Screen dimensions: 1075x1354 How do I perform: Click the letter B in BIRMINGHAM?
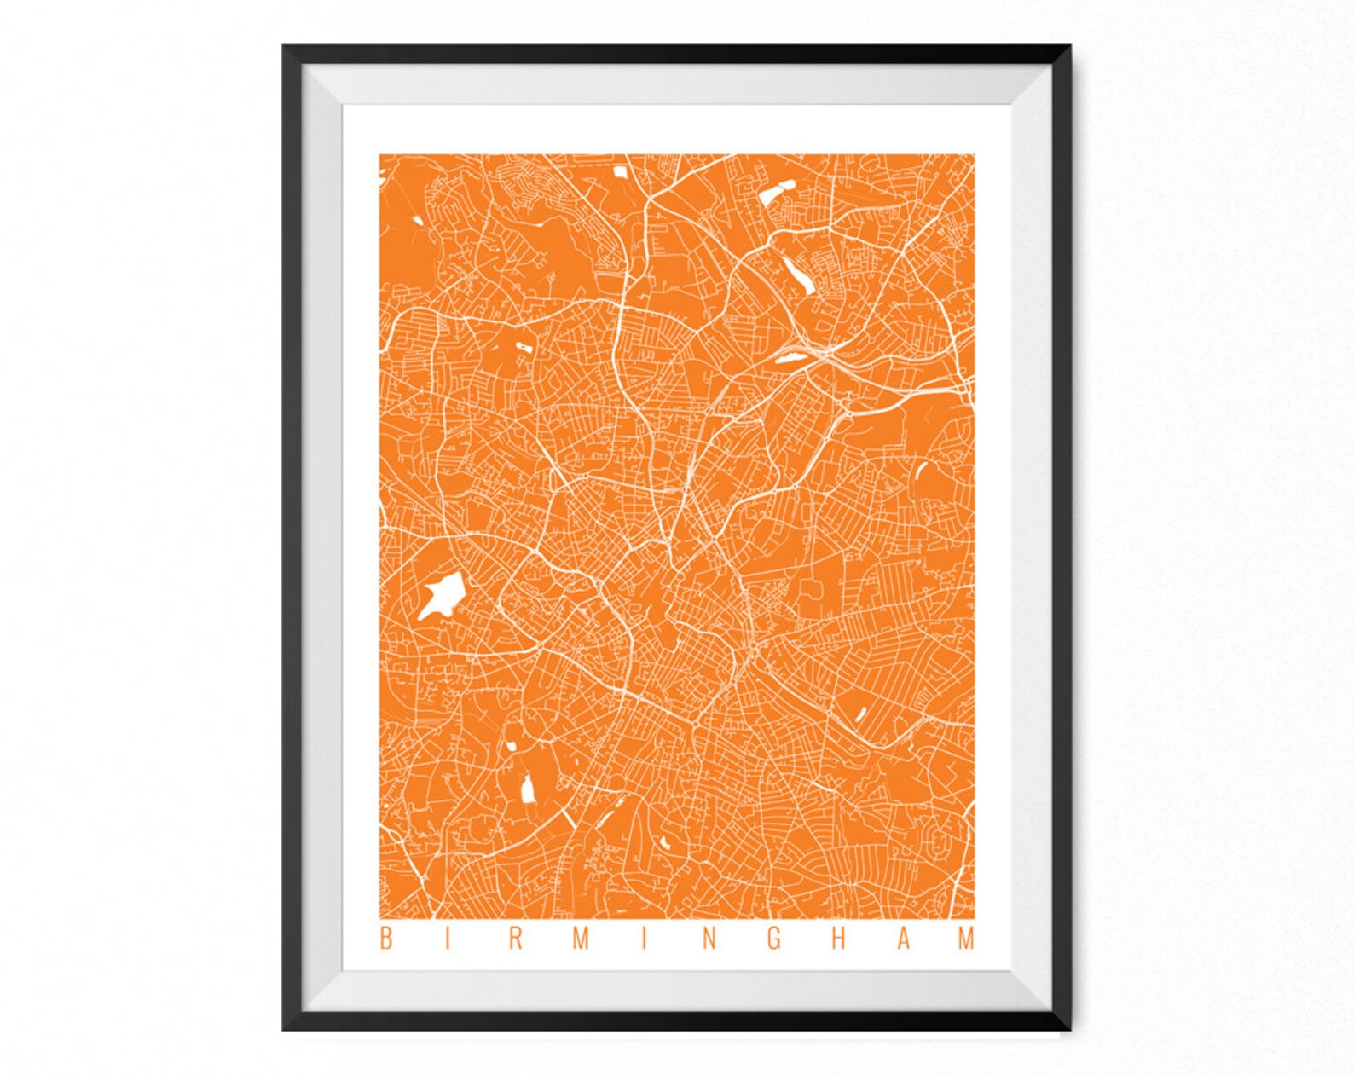pos(385,939)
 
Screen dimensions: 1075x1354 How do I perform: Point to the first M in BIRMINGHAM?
pos(581,939)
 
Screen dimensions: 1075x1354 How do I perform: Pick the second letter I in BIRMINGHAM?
pos(645,939)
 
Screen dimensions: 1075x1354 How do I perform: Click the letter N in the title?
pos(709,939)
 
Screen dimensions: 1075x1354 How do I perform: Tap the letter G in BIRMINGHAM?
pos(774,939)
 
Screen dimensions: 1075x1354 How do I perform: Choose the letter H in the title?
pos(839,939)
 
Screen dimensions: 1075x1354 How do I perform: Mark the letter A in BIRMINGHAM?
pos(903,939)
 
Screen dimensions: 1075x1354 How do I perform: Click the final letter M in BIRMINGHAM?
pos(967,939)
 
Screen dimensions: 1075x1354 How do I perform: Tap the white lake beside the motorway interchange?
pos(790,357)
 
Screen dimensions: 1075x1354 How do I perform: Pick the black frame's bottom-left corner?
pos(285,1029)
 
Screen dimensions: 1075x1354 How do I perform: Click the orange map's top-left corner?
pos(380,155)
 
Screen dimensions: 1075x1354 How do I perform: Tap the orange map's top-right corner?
pos(974,155)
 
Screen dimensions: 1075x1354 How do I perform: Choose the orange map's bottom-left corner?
pos(380,919)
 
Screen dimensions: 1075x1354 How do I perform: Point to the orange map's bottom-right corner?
pos(974,919)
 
